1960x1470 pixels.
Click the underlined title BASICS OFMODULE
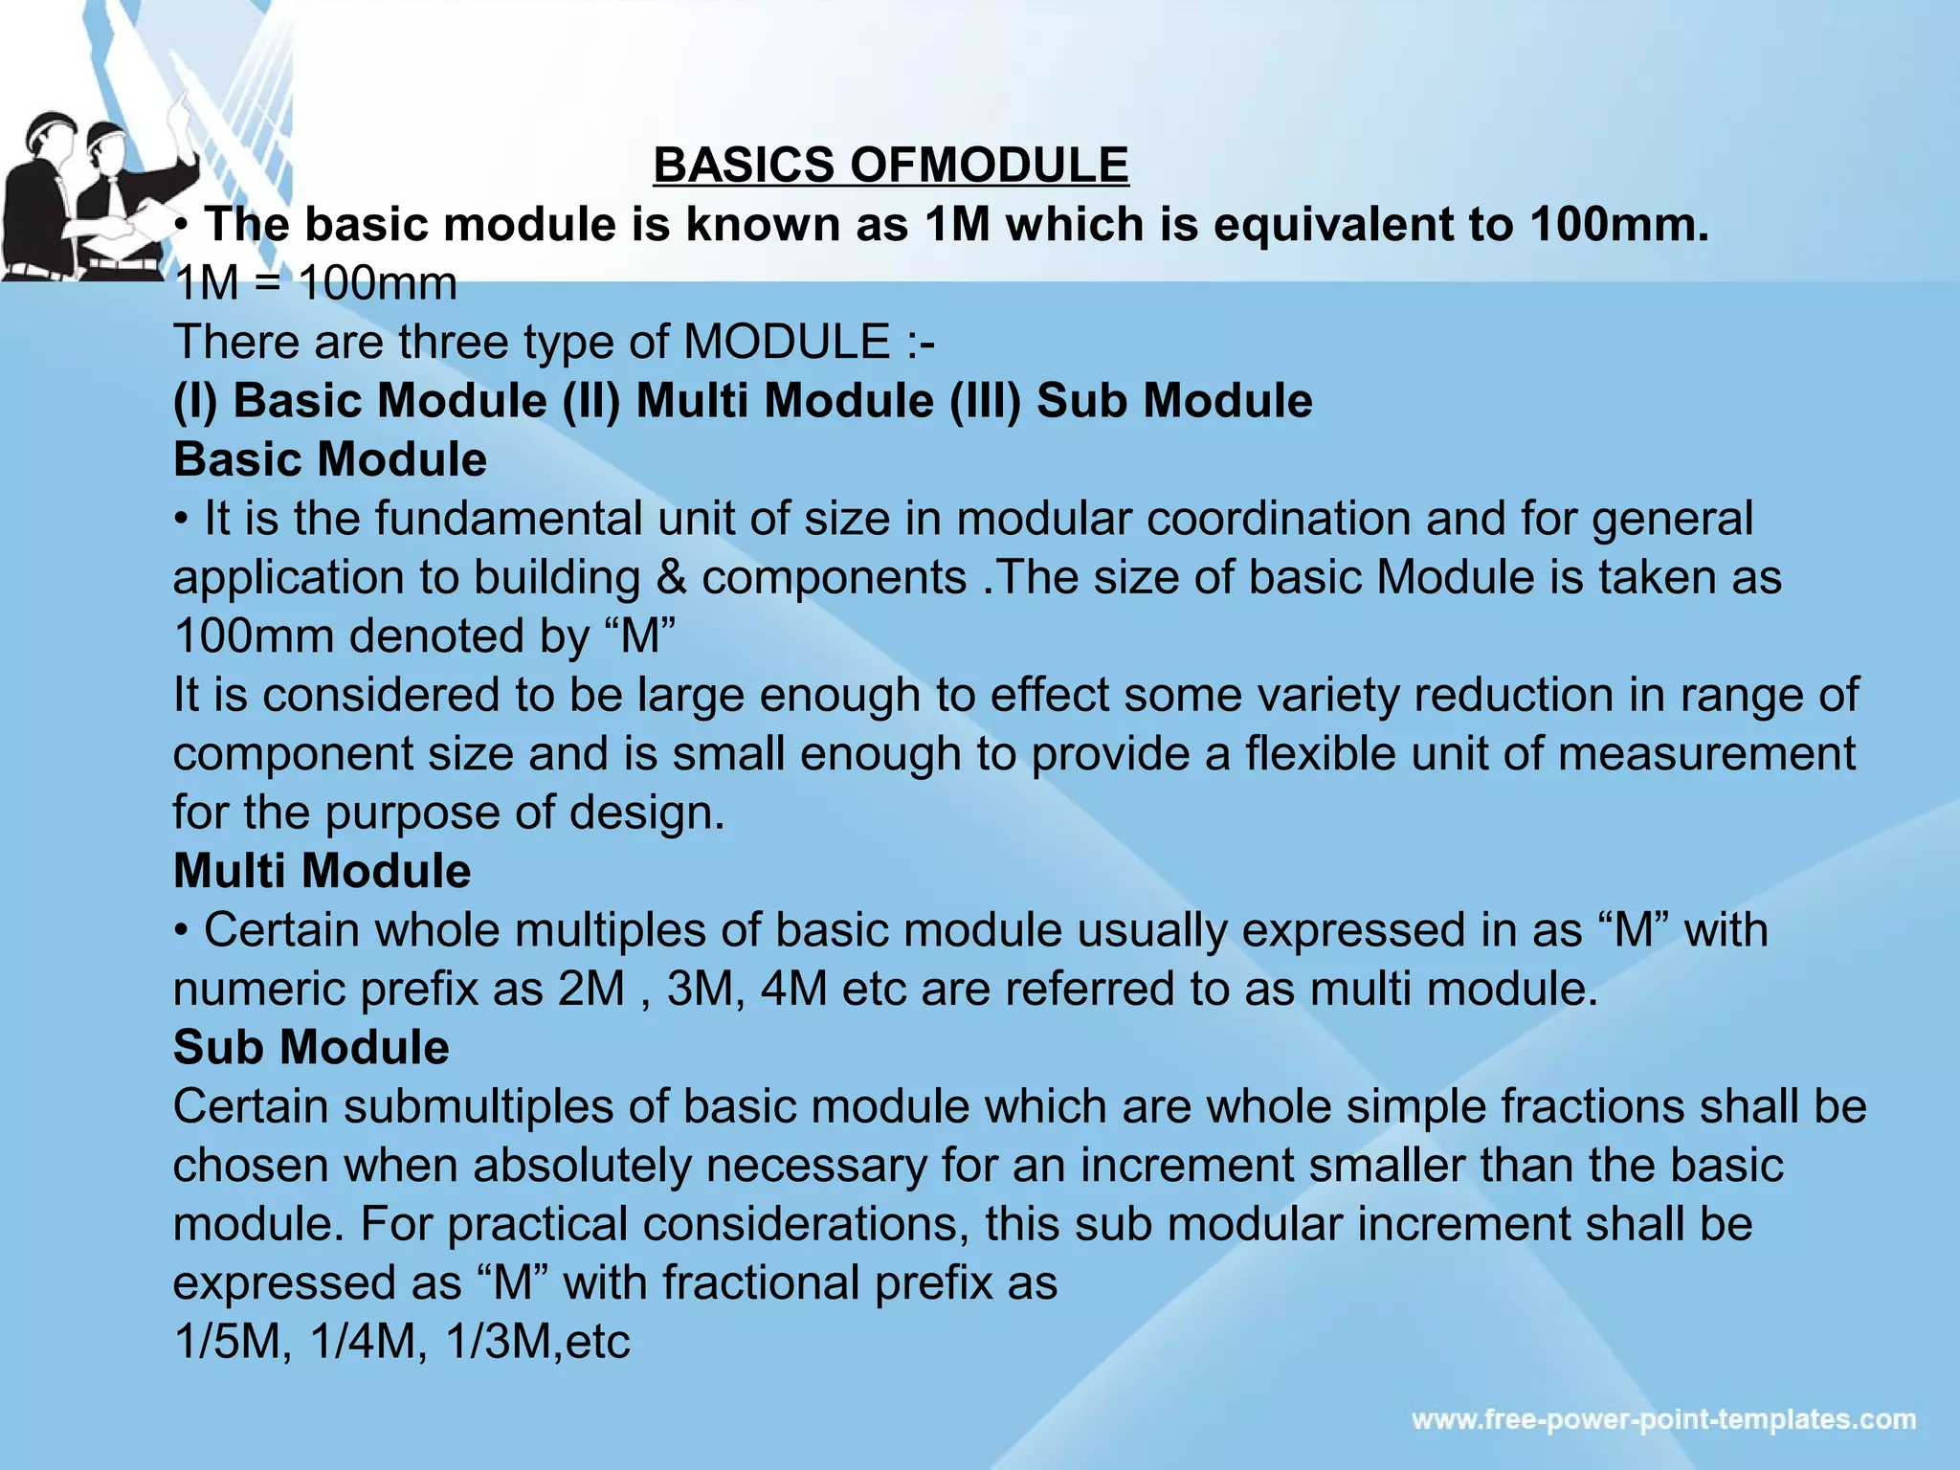(891, 165)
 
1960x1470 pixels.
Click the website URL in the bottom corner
(1663, 1419)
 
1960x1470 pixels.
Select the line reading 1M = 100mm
(315, 283)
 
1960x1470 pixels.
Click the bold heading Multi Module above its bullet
(322, 871)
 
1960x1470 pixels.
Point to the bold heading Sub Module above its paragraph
(311, 1047)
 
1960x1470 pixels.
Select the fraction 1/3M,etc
(538, 1341)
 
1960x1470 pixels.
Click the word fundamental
(507, 519)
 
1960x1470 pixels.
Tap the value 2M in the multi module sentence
(591, 989)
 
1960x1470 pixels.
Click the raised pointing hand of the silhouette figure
(179, 105)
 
